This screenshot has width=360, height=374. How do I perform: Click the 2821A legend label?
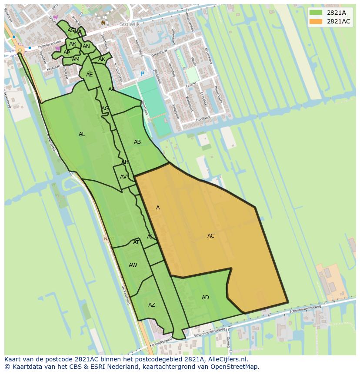(x=336, y=13)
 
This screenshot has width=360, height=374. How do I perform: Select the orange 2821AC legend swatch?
(x=316, y=21)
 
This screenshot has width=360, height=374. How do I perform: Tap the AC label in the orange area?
(x=211, y=236)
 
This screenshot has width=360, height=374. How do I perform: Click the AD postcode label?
(x=205, y=298)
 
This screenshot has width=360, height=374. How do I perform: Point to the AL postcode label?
(x=82, y=134)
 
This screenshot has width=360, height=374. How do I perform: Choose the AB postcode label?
(x=137, y=142)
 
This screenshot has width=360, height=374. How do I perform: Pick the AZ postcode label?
(x=151, y=305)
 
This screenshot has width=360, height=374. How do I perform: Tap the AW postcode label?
(x=133, y=265)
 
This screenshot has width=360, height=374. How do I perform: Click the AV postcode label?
(x=123, y=177)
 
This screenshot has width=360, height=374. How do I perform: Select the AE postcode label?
(x=89, y=75)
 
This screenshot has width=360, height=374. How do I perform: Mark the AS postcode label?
(x=70, y=30)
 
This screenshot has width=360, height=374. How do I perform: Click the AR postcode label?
(x=73, y=44)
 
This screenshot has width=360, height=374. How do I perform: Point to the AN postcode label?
(x=86, y=46)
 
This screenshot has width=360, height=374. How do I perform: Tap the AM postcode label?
(x=76, y=60)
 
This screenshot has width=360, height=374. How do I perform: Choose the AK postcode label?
(x=102, y=59)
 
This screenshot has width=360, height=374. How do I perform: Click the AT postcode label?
(x=136, y=242)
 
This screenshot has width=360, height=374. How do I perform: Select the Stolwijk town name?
(x=130, y=24)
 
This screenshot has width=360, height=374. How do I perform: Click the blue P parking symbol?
(x=142, y=74)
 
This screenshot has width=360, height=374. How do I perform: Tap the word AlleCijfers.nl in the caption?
(x=226, y=359)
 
